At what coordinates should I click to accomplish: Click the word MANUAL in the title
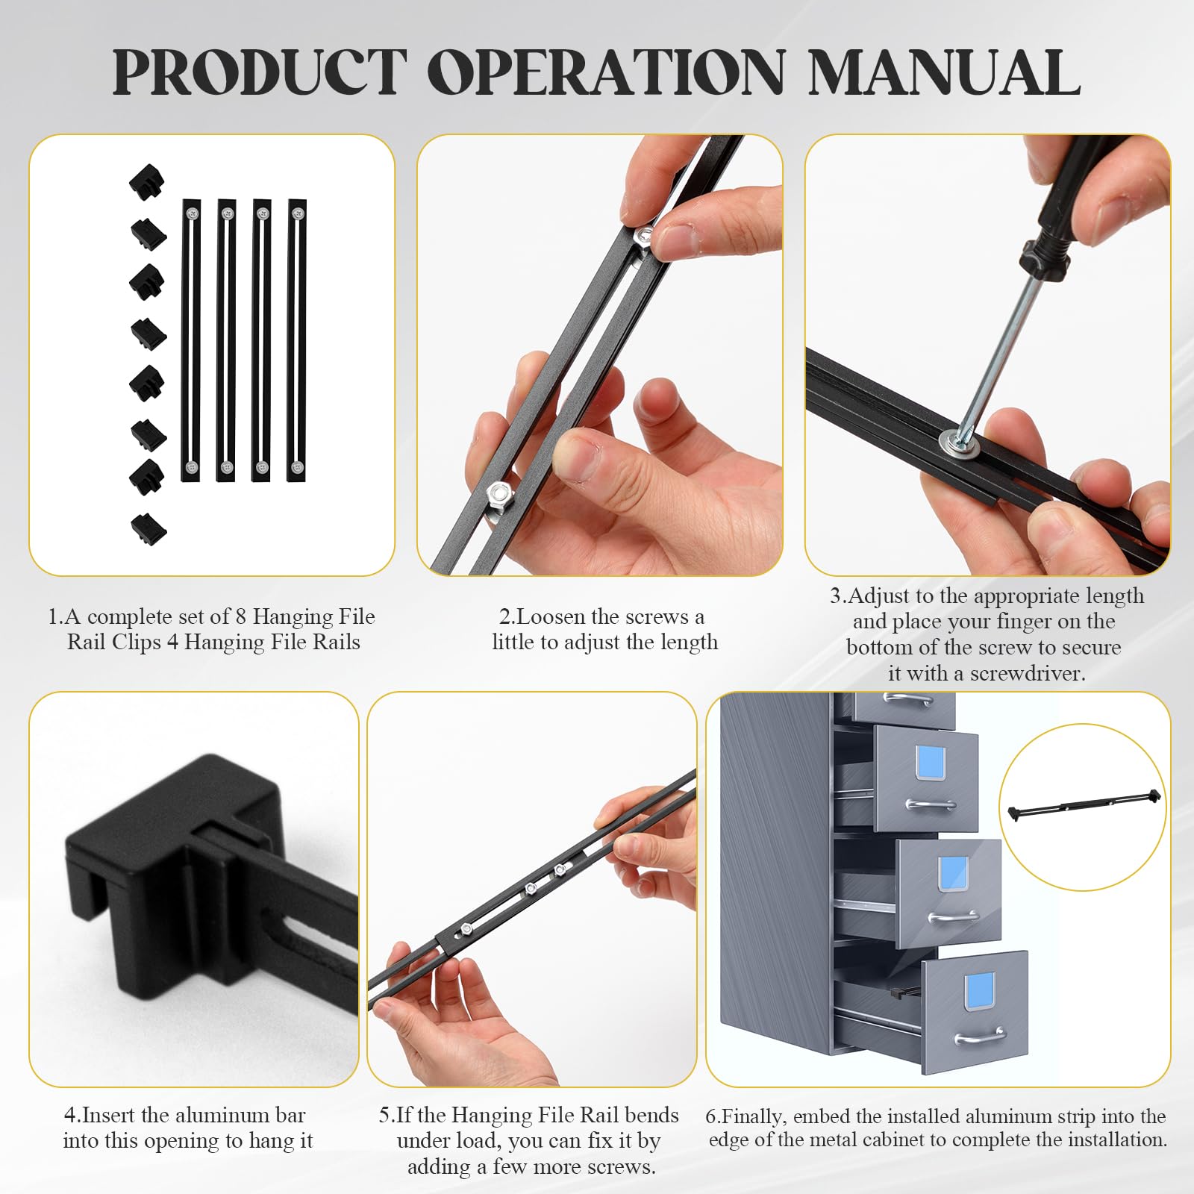tap(944, 72)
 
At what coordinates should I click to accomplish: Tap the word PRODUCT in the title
tap(259, 72)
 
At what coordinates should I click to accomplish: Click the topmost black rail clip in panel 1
tap(146, 182)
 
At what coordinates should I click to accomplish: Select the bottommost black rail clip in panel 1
tap(149, 528)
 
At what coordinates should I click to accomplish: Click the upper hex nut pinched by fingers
tap(644, 238)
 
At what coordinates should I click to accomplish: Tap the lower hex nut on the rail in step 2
tap(498, 493)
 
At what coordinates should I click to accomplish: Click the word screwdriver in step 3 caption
tap(1028, 674)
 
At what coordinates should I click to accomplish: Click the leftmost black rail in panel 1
tap(192, 340)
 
